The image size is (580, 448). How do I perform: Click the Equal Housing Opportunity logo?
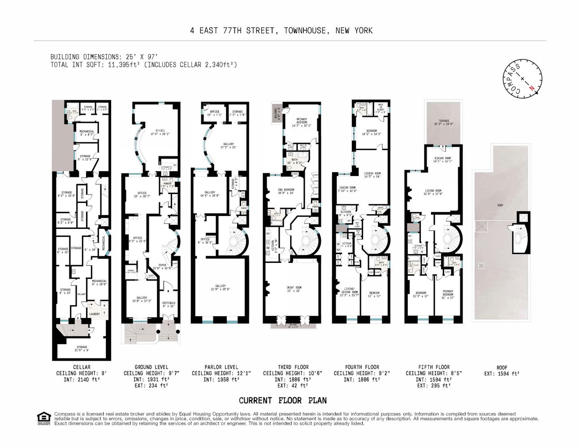coord(43,418)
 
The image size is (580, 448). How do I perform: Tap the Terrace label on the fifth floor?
coord(441,122)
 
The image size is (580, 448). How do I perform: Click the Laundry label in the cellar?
coord(94,314)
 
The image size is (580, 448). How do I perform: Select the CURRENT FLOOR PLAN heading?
coord(282,401)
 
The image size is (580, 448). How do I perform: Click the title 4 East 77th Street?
coord(281,30)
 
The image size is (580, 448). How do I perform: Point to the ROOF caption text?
coord(502,367)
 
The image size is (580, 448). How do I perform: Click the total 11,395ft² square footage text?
coord(143,65)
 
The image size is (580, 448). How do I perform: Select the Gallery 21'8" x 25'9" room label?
coord(220,287)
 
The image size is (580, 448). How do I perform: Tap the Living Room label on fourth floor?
coord(372,175)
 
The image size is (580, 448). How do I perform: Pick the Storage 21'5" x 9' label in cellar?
coord(82,348)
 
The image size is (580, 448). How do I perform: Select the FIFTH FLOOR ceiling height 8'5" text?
coord(434,373)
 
